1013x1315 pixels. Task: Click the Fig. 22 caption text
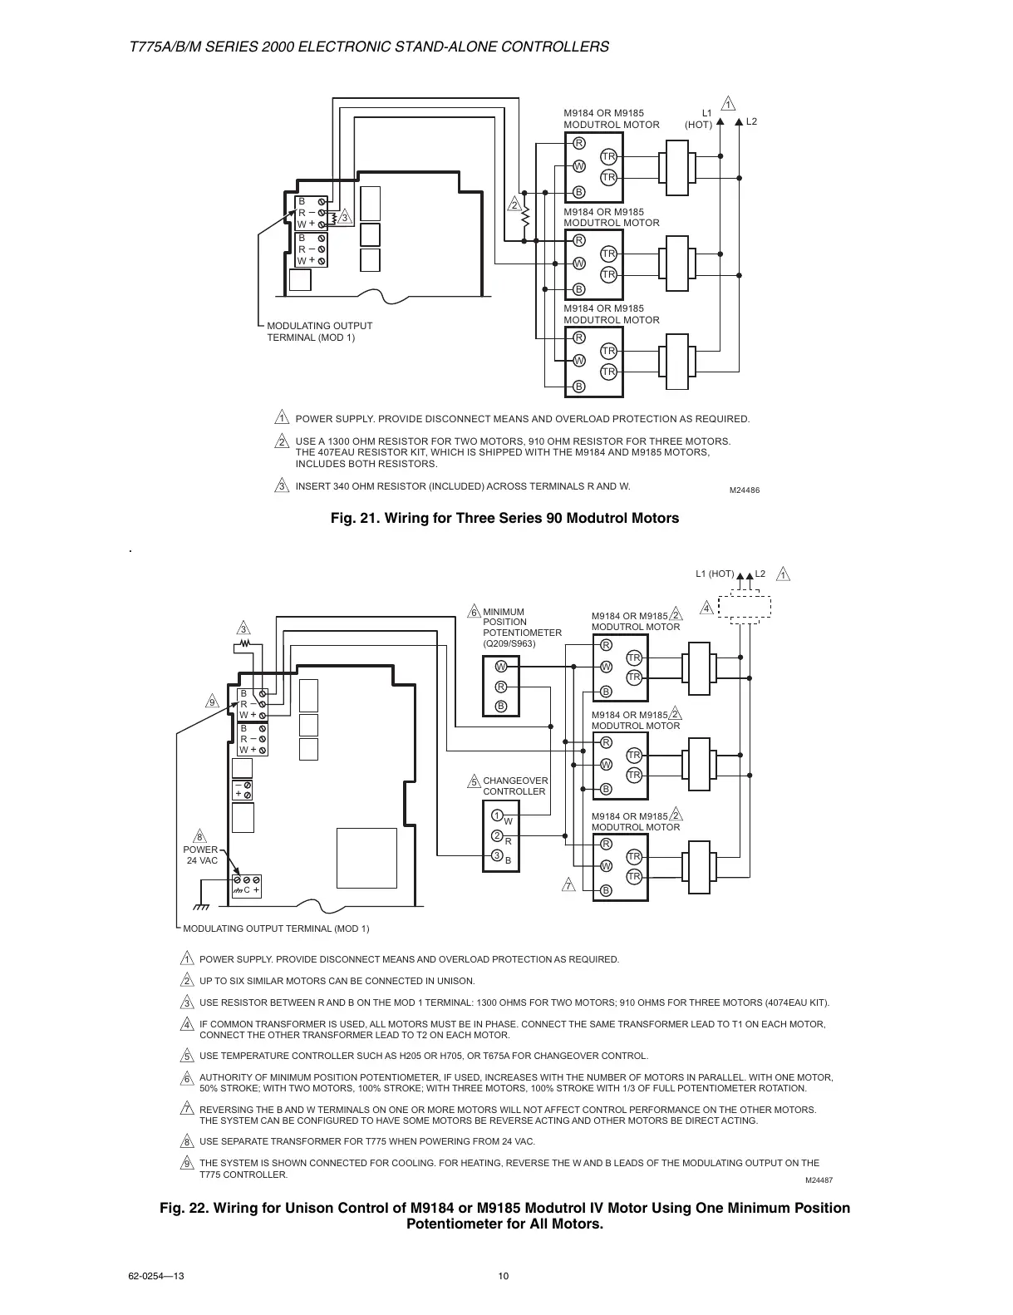tap(504, 1215)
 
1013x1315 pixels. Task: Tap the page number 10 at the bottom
tap(503, 1277)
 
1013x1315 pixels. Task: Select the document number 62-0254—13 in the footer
tap(155, 1277)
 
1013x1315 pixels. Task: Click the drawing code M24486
tap(744, 490)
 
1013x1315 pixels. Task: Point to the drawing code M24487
tap(819, 1180)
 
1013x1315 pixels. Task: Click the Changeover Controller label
tap(515, 786)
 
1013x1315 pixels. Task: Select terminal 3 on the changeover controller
tap(496, 855)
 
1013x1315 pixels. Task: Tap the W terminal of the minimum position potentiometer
tap(501, 667)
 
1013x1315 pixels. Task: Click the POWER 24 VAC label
tap(202, 855)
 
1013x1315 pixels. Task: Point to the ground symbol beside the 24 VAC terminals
tap(201, 906)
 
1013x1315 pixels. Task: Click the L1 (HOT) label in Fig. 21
tap(699, 119)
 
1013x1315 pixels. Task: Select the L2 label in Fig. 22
tap(760, 574)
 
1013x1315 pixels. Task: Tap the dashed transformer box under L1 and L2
tap(745, 608)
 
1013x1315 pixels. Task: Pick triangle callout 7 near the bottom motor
tap(568, 884)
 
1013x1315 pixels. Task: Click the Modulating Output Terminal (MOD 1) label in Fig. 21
tap(319, 331)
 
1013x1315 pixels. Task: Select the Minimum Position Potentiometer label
tap(521, 628)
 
